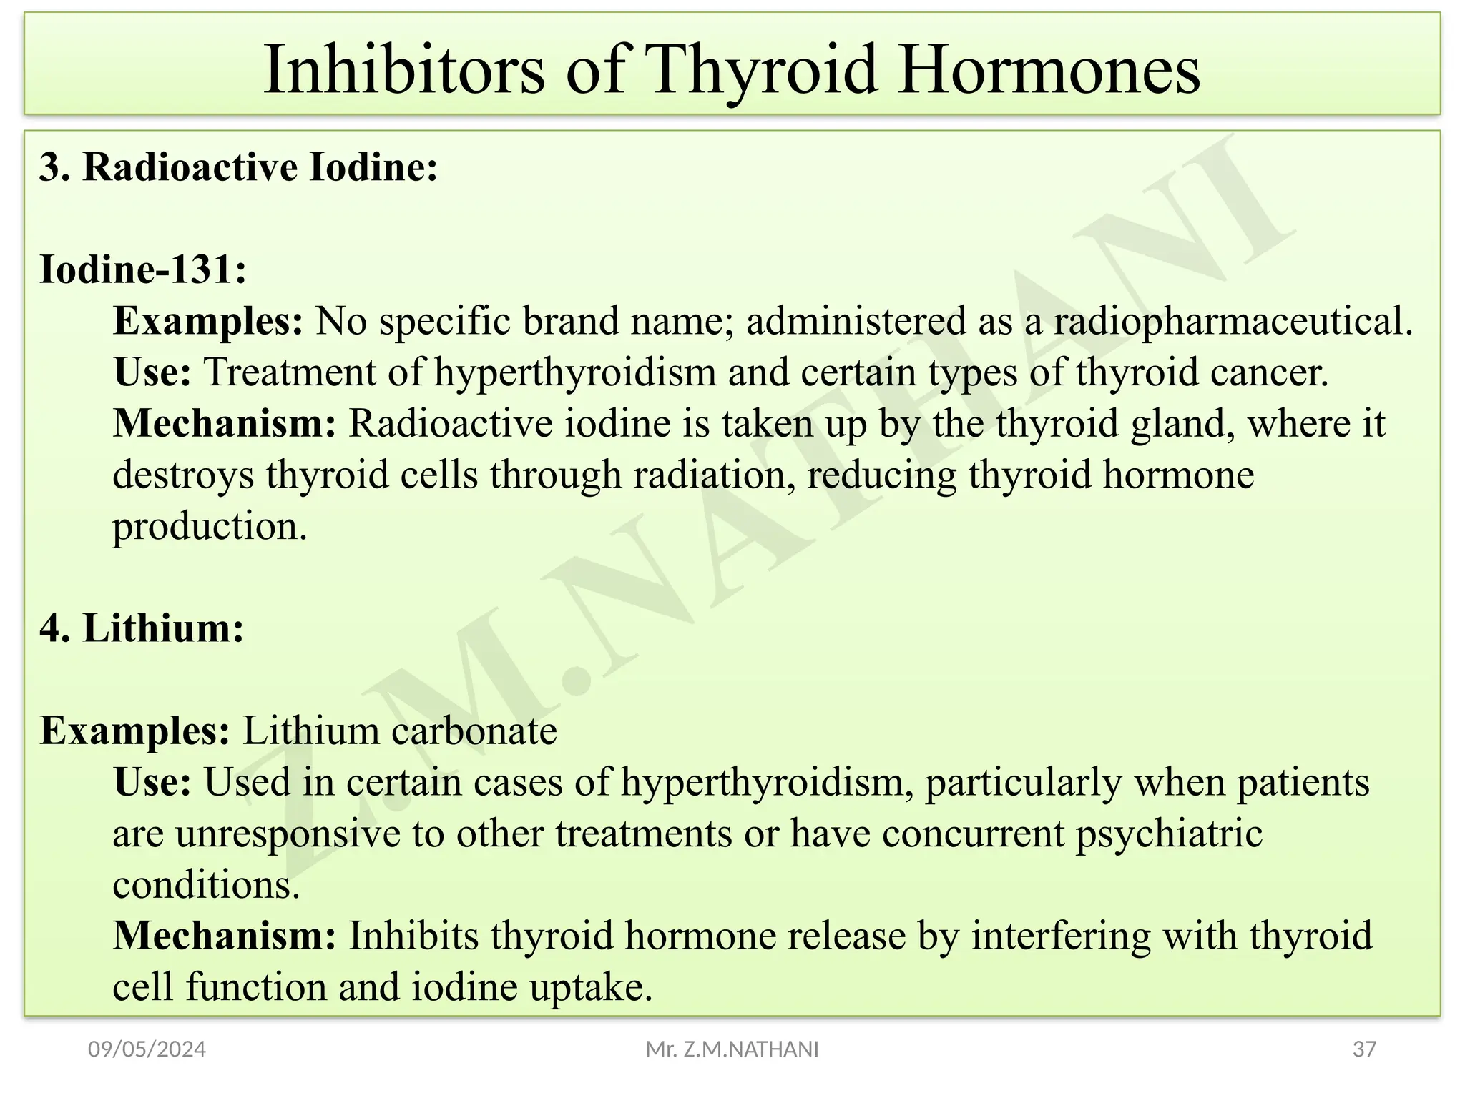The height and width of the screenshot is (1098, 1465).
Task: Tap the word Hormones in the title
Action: [1049, 70]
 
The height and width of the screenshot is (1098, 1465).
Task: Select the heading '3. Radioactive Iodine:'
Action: [238, 167]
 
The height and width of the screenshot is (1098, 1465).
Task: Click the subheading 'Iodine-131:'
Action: [143, 269]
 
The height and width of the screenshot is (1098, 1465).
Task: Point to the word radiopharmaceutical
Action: [1233, 321]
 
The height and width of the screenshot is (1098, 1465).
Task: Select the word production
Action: [210, 527]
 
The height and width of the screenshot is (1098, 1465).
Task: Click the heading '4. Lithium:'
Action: [142, 628]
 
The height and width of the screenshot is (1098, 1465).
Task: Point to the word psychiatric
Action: [1169, 834]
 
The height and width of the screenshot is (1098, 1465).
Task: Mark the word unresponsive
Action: [288, 834]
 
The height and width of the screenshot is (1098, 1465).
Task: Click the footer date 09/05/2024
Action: [147, 1049]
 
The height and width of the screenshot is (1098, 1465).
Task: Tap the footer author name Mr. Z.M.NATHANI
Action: [732, 1049]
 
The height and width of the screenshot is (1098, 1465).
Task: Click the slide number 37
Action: [1364, 1049]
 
